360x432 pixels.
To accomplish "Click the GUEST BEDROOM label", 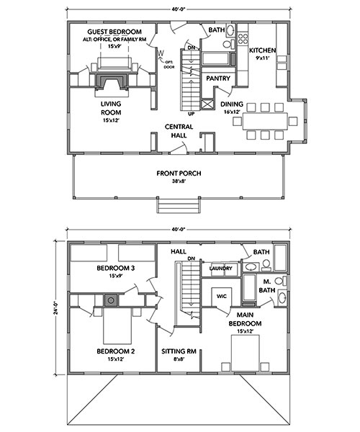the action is (114, 32).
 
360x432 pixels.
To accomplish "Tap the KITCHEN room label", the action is (263, 50).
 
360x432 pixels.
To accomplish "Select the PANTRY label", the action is (218, 78).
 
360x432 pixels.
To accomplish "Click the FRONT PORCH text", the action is (179, 174).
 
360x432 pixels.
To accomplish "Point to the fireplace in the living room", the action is (112, 82).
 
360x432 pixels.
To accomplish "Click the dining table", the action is (265, 121).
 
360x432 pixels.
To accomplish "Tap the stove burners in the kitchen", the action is (243, 39).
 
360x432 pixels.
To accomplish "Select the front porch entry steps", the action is (178, 205).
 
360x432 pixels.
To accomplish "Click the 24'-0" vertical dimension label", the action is (56, 307).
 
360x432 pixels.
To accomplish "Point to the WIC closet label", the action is (222, 297).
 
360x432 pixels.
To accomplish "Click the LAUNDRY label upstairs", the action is (220, 269).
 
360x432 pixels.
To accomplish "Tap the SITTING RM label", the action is (179, 351).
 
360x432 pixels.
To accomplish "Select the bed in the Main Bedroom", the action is (245, 353).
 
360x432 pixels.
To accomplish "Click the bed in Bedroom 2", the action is (117, 325).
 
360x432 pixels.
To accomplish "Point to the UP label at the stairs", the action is (191, 114).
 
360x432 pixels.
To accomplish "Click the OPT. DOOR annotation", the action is (169, 65).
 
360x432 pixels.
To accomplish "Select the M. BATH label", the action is (267, 286).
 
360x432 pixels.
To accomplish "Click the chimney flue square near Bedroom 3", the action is (111, 300).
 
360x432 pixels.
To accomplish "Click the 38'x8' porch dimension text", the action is (179, 181).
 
